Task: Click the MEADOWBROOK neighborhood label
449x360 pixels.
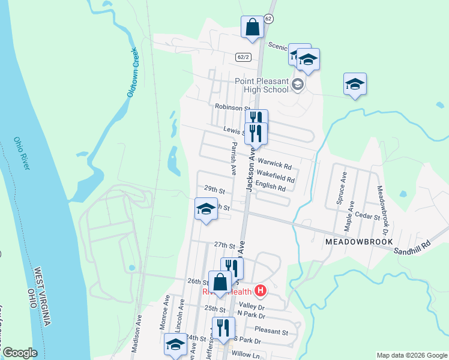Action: click(x=359, y=241)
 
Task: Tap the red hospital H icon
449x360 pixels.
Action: click(x=260, y=292)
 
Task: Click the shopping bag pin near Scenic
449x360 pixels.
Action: click(x=252, y=28)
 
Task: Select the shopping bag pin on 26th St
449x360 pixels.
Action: click(x=220, y=282)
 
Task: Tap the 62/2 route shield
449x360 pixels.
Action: click(x=243, y=56)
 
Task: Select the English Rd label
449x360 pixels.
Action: click(x=270, y=187)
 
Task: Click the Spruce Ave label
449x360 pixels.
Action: click(x=343, y=189)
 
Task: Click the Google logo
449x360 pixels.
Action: click(x=20, y=353)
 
